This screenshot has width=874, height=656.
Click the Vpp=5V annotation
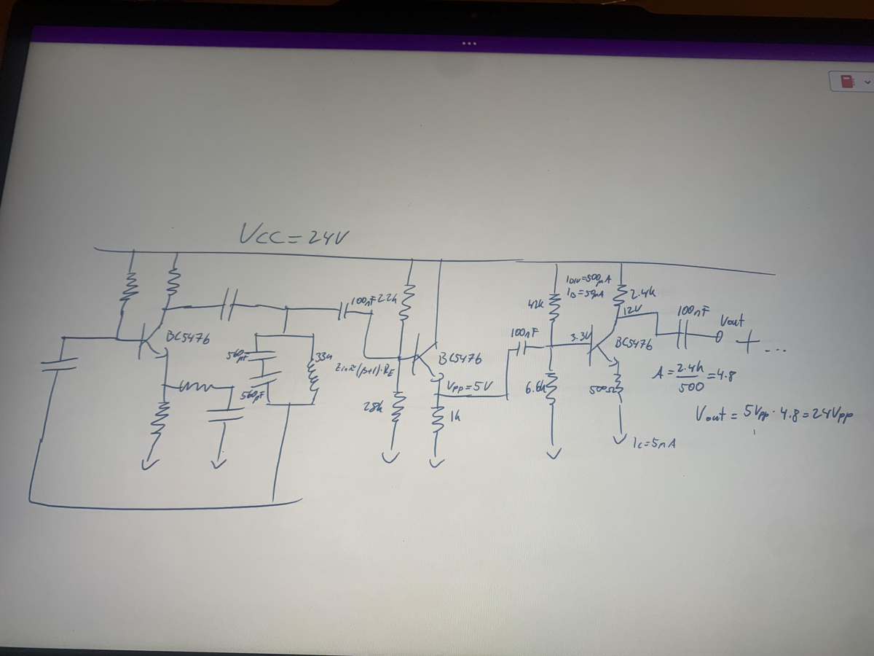(x=471, y=385)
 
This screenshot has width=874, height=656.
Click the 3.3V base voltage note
(x=580, y=337)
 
